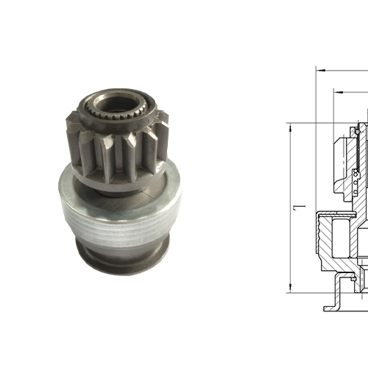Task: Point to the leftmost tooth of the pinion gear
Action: point(72,127)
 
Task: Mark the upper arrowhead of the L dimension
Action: point(290,127)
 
